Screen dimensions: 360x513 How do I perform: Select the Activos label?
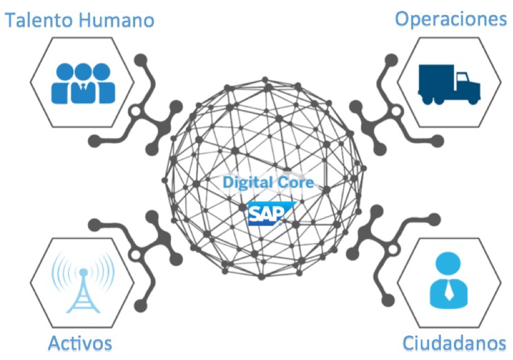pos(80,343)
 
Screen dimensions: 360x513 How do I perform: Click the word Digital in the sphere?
pos(247,182)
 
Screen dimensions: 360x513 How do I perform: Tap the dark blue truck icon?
pos(449,84)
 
